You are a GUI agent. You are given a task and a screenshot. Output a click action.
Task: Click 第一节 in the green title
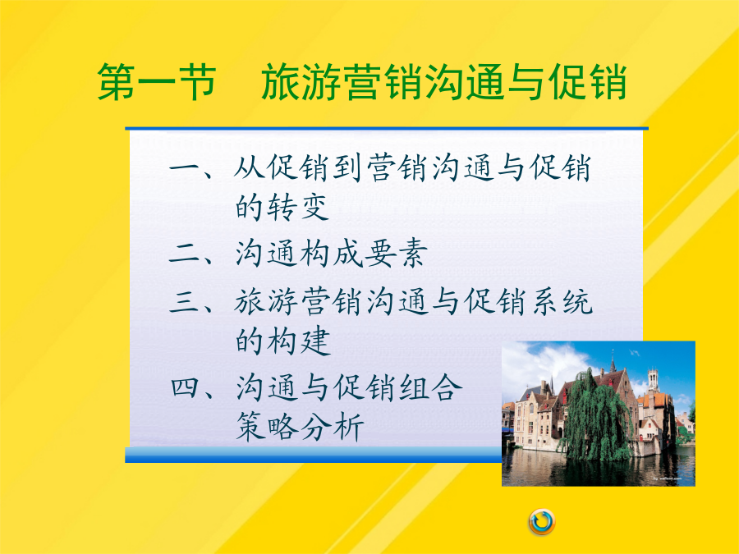pyautogui.click(x=157, y=82)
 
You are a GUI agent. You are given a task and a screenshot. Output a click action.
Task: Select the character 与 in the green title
pyautogui.click(x=526, y=82)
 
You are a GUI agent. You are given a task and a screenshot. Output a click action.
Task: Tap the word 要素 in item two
pyautogui.click(x=397, y=254)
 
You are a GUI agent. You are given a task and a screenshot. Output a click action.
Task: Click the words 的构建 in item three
pyautogui.click(x=282, y=341)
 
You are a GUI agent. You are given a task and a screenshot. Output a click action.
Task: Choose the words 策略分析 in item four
pyautogui.click(x=300, y=428)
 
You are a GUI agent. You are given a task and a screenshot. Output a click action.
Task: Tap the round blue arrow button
pyautogui.click(x=542, y=522)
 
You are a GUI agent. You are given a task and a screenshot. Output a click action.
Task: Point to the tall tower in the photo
pyautogui.click(x=654, y=381)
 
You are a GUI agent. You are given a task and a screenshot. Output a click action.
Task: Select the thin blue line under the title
pyautogui.click(x=387, y=128)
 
